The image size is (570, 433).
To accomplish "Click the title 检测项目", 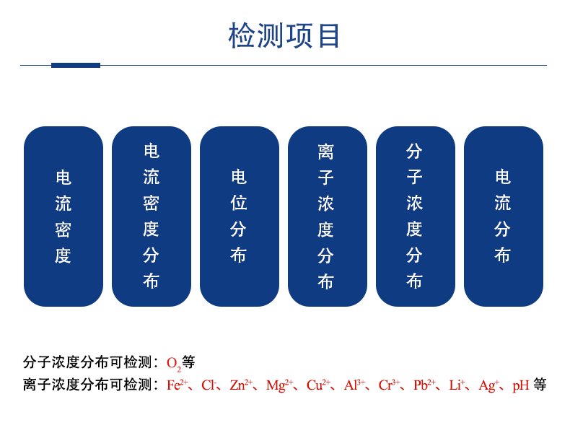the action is [x=284, y=35].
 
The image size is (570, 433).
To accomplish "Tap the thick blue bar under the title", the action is [x=76, y=65].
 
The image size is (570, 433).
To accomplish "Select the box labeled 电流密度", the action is [x=63, y=216].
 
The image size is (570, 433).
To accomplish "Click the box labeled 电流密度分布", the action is [x=152, y=216].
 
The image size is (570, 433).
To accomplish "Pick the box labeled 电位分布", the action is [x=240, y=216].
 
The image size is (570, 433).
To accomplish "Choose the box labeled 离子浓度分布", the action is [x=327, y=216].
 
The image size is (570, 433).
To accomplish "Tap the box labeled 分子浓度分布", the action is [x=415, y=216].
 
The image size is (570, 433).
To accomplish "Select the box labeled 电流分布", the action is [x=504, y=216].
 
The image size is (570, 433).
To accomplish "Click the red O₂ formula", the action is [x=174, y=364].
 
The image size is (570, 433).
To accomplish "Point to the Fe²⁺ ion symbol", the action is [x=177, y=385].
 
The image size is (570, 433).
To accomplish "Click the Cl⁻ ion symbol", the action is [x=209, y=385].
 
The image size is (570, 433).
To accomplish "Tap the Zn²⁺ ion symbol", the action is [x=241, y=385].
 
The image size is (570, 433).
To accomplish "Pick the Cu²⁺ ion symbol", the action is [x=318, y=385].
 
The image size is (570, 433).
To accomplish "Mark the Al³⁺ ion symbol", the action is [x=354, y=385].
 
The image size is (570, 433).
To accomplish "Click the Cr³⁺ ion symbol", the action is [x=390, y=385].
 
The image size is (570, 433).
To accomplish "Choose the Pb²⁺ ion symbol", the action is [x=424, y=385].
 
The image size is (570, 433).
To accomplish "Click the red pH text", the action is [x=520, y=386].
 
